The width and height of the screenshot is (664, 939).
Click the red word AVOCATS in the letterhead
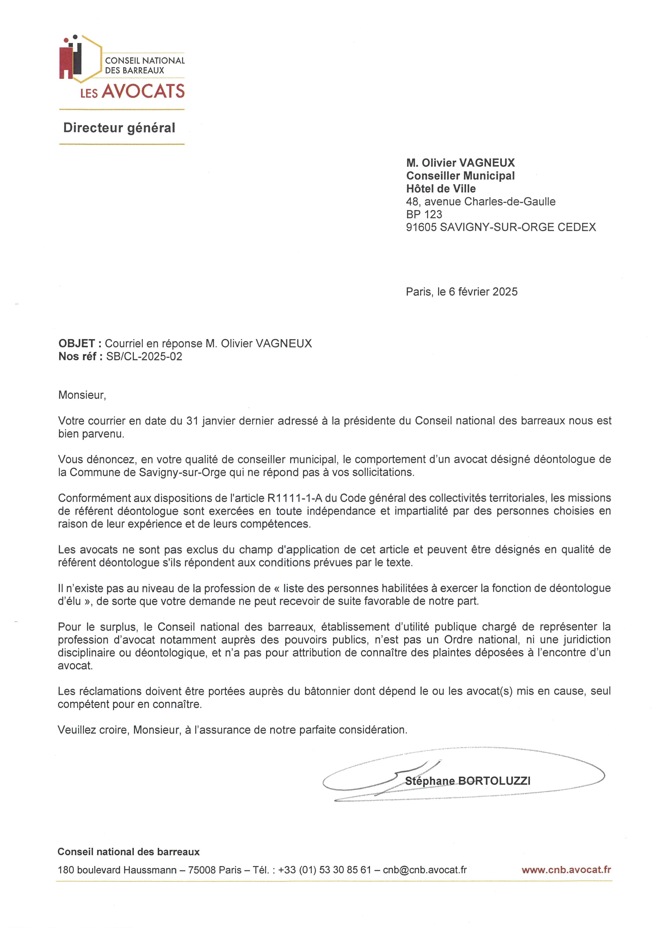coord(143,91)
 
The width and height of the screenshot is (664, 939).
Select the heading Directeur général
coord(119,128)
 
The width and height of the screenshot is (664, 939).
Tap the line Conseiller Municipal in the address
coord(460,176)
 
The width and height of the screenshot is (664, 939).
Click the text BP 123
coord(424,214)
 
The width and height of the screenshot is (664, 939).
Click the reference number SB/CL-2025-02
coord(144,357)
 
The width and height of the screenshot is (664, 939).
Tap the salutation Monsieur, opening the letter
coord(82,395)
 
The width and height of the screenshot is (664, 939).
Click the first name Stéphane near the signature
coord(430,781)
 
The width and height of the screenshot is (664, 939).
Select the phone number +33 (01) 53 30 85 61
coord(324,870)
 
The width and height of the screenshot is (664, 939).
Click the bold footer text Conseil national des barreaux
coord(128,852)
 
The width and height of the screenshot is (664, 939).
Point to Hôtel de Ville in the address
coord(441,189)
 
